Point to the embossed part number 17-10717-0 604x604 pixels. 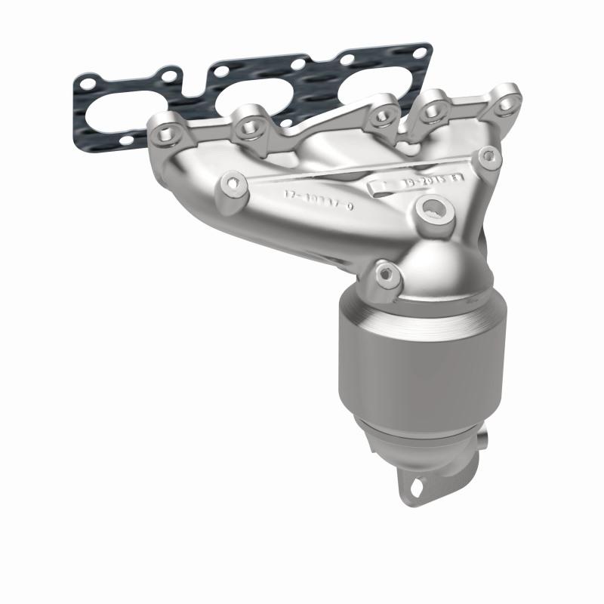[x=318, y=195]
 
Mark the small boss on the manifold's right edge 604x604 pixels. [x=488, y=156]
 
